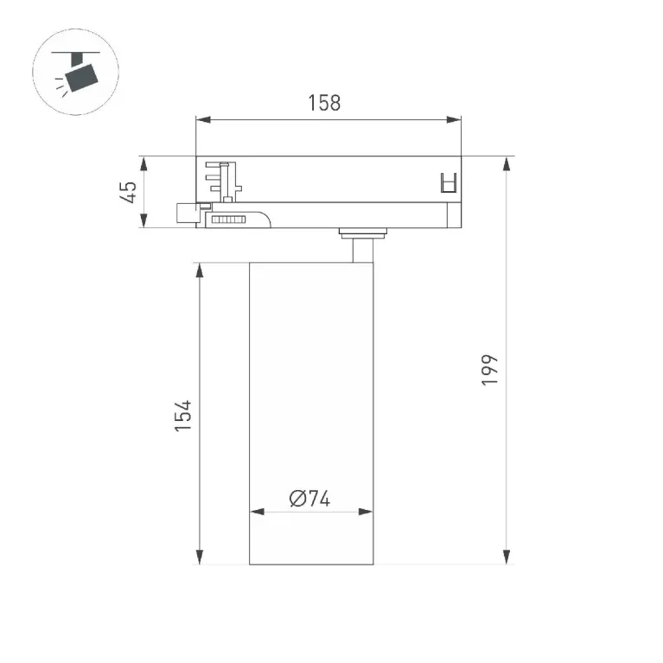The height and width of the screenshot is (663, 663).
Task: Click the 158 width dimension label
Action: pyautogui.click(x=324, y=103)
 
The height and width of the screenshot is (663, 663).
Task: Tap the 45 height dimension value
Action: pyautogui.click(x=128, y=192)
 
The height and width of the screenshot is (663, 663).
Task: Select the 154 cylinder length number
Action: pyautogui.click(x=183, y=416)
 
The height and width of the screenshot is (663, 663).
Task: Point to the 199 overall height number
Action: pyautogui.click(x=489, y=370)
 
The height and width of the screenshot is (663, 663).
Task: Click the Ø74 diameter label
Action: pyautogui.click(x=309, y=499)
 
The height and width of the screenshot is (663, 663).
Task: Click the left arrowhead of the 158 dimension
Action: pyautogui.click(x=203, y=119)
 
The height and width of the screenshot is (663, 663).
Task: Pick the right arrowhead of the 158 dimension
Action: pyautogui.click(x=454, y=119)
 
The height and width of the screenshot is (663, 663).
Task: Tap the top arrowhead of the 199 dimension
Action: pyautogui.click(x=507, y=163)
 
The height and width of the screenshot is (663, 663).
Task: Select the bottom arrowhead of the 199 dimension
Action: pyautogui.click(x=507, y=557)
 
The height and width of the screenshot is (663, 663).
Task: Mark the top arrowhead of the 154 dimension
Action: pyautogui.click(x=200, y=271)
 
